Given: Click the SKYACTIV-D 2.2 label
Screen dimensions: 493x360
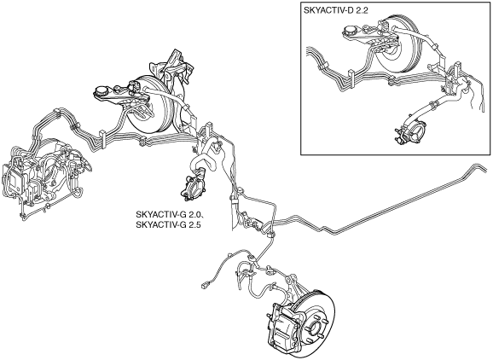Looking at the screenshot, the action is pos(335,10).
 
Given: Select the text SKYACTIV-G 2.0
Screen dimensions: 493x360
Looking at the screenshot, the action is pos(169,214).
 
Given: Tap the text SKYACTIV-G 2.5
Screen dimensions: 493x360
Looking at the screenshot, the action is pos(168,225).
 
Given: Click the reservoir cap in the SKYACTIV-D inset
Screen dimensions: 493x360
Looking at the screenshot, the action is pos(350,31).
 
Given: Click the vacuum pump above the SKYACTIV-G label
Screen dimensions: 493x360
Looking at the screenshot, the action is pos(193,188).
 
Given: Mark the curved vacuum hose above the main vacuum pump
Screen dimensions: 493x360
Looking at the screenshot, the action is pos(205,159).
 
